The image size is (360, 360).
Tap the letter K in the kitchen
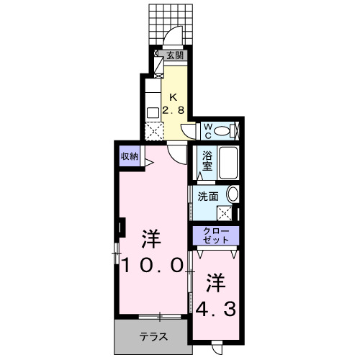point(173,99)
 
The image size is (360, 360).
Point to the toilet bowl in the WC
point(225,130)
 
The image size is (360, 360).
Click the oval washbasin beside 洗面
point(232,194)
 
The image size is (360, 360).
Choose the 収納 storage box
point(129,156)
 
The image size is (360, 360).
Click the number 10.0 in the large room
point(150,264)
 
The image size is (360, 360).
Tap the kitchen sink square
point(153,112)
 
